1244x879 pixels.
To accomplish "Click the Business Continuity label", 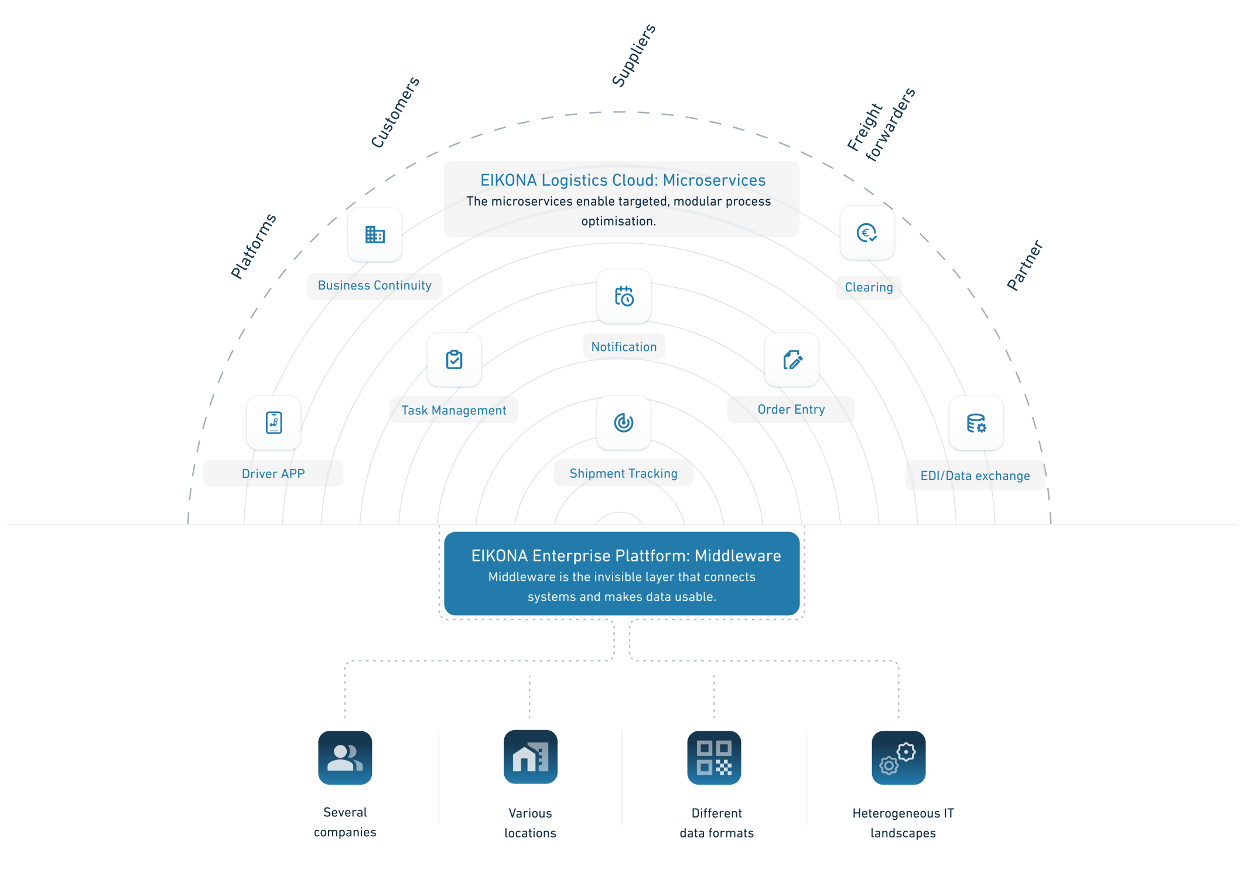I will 374,286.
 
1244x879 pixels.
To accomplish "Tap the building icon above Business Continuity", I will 375,235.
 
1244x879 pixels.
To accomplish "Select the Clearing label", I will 869,288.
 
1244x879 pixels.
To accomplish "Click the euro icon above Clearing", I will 867,233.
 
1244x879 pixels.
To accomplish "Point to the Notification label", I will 624,347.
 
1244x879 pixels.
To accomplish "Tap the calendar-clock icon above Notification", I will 624,297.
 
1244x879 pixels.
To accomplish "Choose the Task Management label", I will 453,410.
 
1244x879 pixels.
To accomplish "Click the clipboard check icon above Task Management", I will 454,360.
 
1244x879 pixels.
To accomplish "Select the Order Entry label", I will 791,410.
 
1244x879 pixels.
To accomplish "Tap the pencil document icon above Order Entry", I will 792,360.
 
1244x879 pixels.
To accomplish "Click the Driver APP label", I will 273,473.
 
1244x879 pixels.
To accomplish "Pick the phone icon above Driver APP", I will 274,423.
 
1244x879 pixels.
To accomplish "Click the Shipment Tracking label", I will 623,473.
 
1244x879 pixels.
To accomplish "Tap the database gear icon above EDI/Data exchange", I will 976,423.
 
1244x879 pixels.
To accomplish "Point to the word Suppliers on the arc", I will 634,56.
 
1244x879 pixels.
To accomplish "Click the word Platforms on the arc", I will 253,246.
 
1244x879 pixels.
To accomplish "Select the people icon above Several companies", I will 345,758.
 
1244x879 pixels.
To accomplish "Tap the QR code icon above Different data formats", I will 714,758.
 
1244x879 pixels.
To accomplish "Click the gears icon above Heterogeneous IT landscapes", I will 898,758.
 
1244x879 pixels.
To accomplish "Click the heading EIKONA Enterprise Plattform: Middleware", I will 626,556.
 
